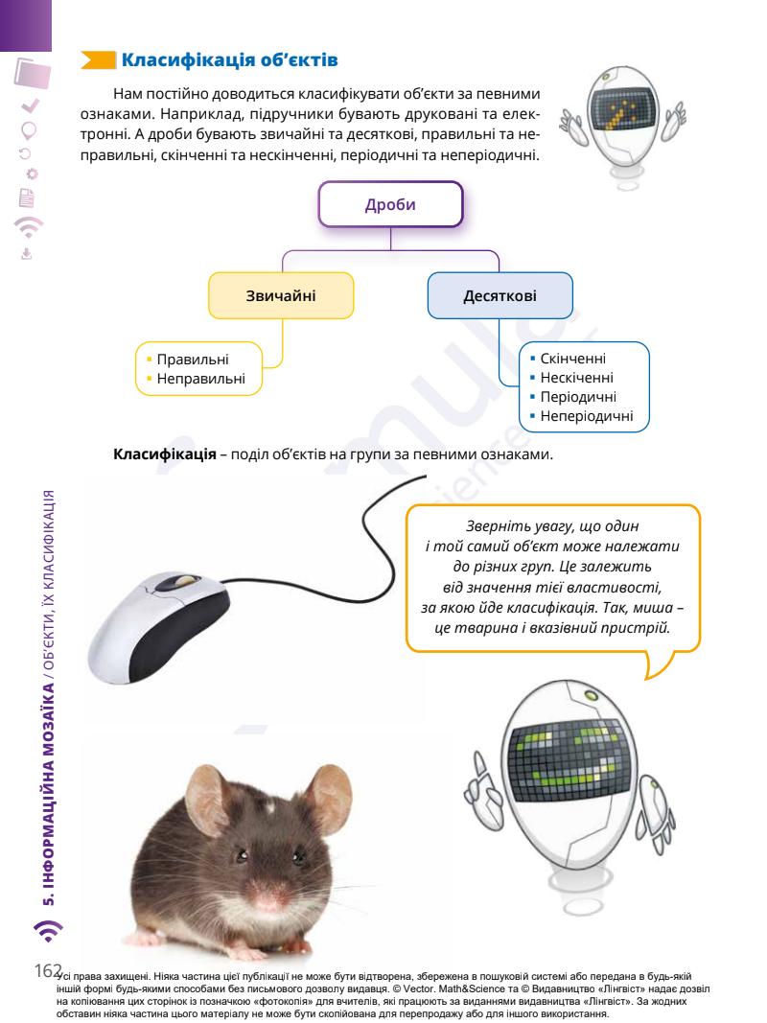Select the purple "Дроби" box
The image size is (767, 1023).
[x=391, y=206]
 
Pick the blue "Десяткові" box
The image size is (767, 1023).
[x=500, y=297]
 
